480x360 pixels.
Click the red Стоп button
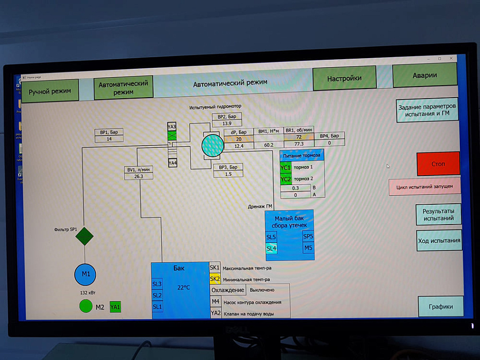coord(438,164)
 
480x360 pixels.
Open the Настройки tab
coord(344,79)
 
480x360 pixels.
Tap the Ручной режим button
coord(50,92)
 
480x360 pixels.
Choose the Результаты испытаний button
coord(439,214)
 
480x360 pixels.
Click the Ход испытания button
coord(439,241)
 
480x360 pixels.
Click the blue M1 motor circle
coord(85,275)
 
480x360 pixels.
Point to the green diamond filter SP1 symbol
coord(84,236)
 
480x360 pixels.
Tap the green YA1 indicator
coord(116,306)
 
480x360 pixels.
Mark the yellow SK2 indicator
coord(215,279)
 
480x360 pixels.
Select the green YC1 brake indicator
coord(285,167)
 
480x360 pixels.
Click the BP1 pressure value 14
coord(109,139)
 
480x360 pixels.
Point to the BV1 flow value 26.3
coord(138,176)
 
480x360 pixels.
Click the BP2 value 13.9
coord(226,123)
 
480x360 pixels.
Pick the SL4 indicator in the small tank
coord(271,248)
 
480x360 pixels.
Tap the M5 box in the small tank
coord(308,248)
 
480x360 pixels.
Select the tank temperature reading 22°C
coord(183,287)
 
